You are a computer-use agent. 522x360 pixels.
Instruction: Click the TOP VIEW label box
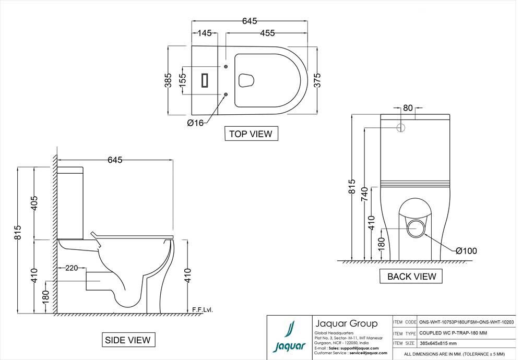click(251, 134)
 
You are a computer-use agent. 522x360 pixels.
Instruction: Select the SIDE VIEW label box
click(128, 340)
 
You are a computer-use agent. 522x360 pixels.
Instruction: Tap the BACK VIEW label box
click(411, 276)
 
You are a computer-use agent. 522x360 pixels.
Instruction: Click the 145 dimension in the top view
click(205, 33)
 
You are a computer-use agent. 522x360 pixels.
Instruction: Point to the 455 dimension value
click(267, 33)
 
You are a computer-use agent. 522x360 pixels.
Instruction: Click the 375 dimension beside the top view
click(317, 80)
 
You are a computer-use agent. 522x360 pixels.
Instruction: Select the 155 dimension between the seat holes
click(182, 80)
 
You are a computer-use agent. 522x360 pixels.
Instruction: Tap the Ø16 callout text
click(195, 123)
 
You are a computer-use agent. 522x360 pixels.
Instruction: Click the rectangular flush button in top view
click(205, 80)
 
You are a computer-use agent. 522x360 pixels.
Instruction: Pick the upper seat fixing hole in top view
click(226, 67)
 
